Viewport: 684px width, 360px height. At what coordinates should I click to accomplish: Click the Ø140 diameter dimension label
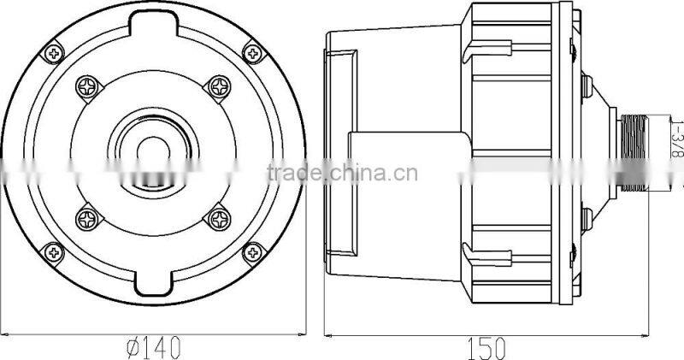[x=153, y=347]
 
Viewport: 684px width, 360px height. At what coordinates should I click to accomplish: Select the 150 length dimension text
[x=488, y=347]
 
